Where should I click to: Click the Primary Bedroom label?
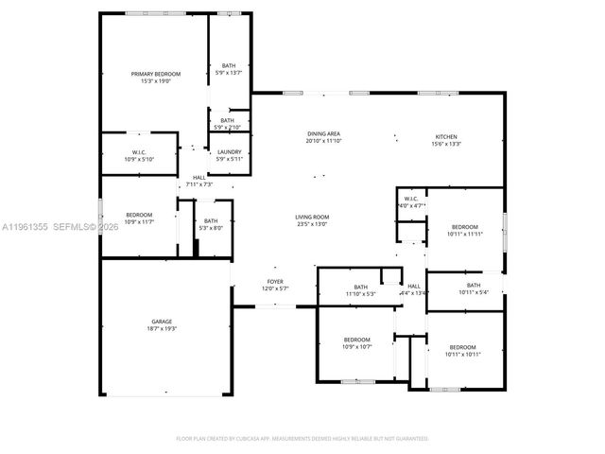[x=155, y=74]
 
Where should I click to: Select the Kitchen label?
[x=446, y=135]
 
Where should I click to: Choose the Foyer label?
[x=274, y=282]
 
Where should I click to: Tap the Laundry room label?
[x=229, y=151]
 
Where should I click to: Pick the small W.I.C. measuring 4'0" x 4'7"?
[x=411, y=199]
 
